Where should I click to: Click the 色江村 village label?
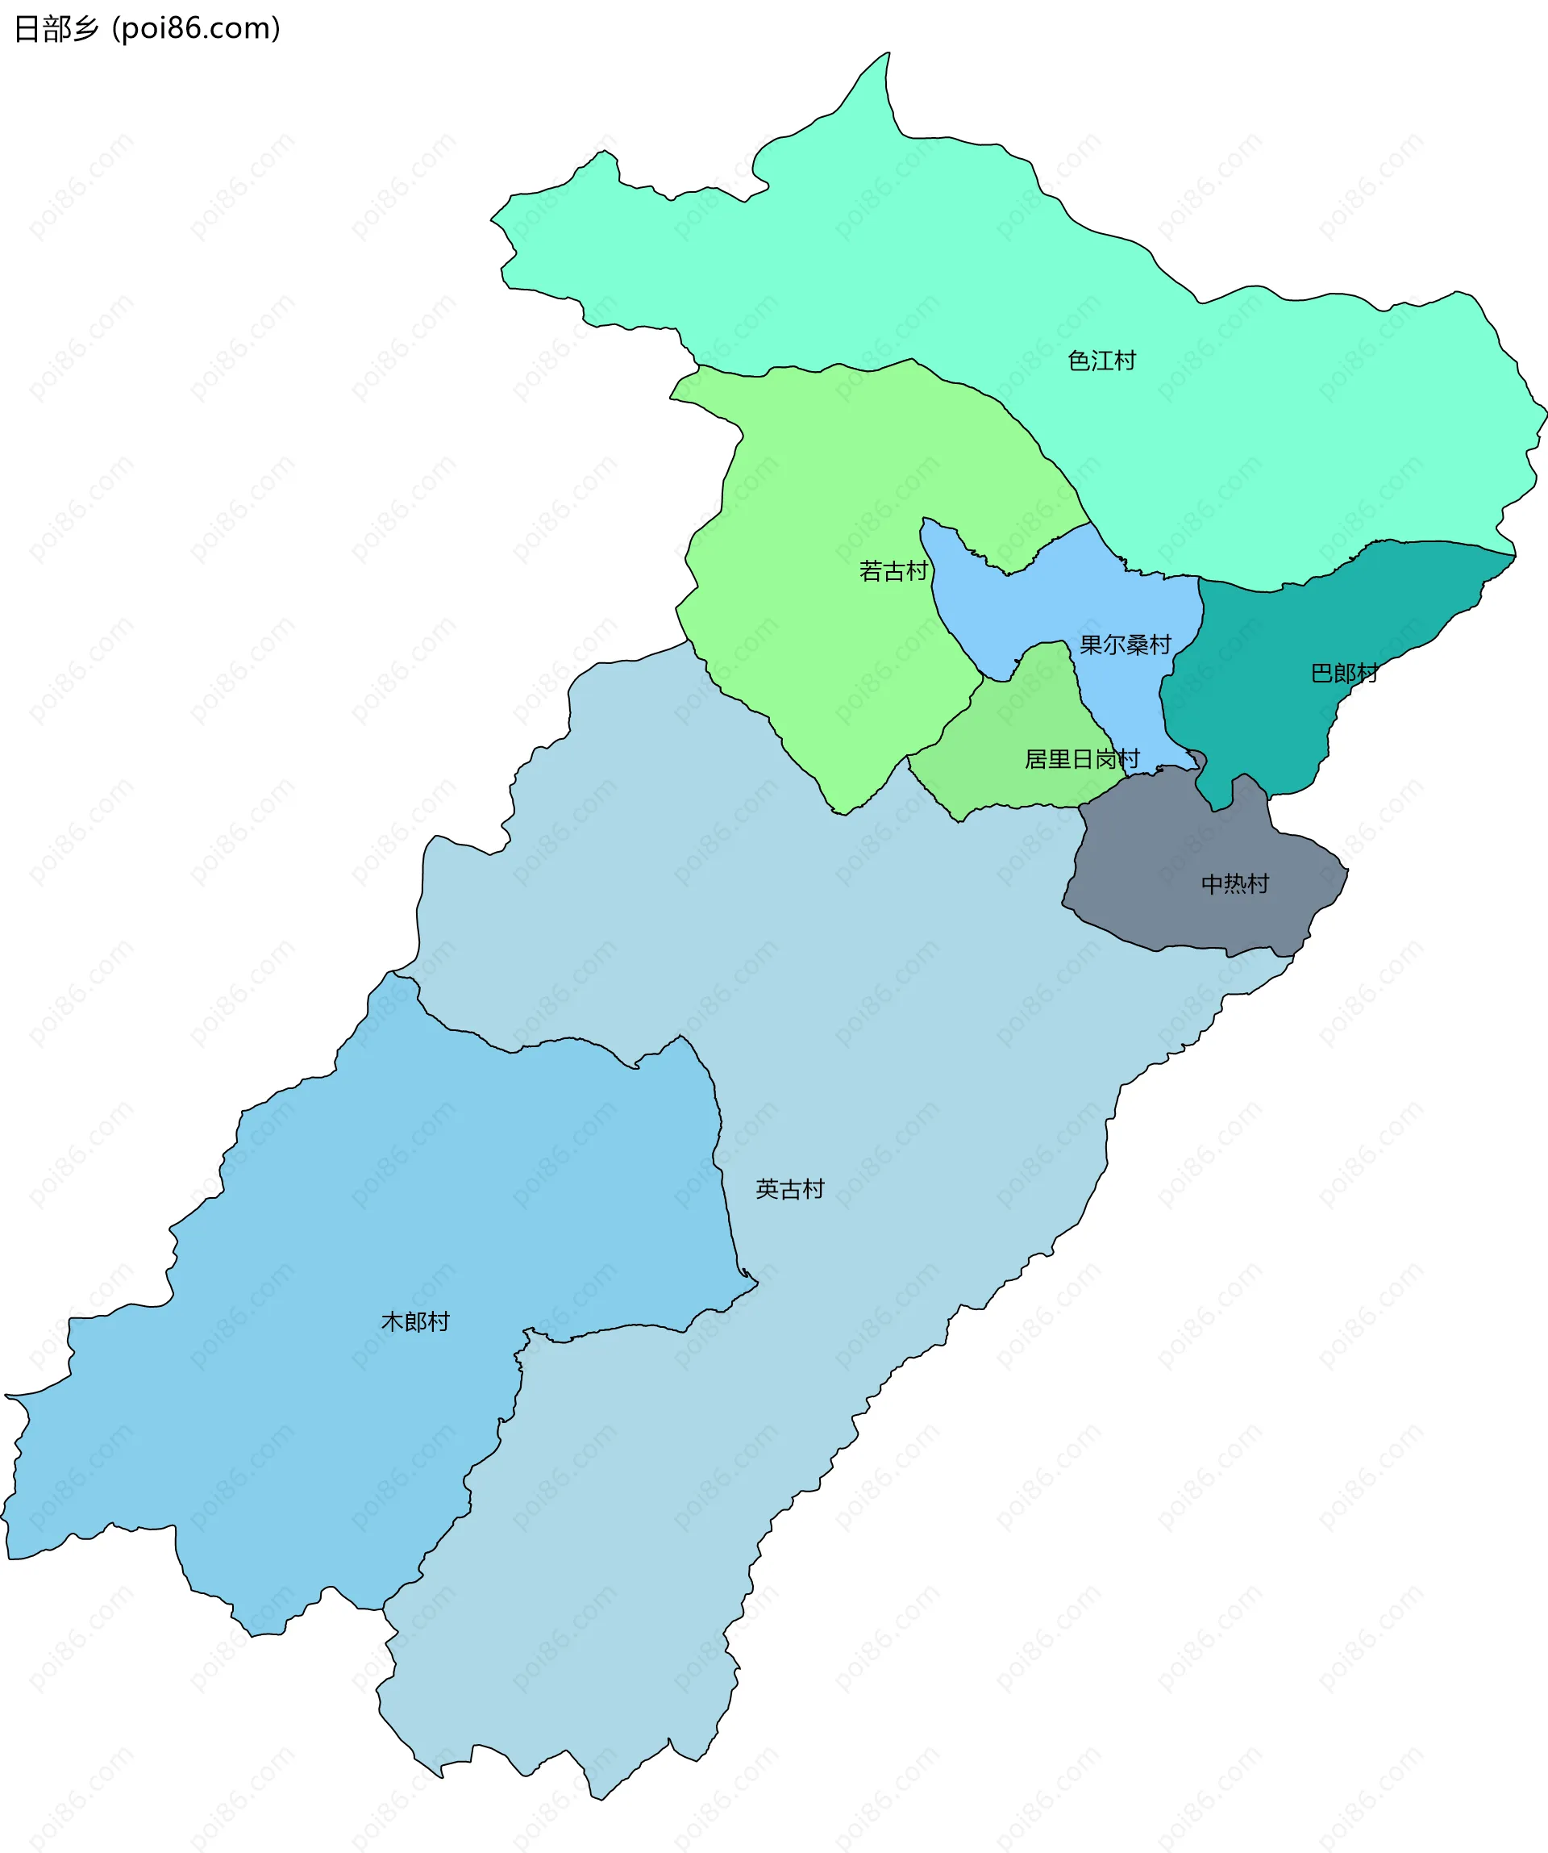coord(1101,361)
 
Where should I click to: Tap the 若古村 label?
coord(893,572)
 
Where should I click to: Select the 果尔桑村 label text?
coord(1126,645)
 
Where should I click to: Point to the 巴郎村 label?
coord(1344,674)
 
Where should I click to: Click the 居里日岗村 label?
coord(1081,759)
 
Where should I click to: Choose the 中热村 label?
coord(1235,884)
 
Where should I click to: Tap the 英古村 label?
coord(789,1189)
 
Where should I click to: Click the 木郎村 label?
coord(415,1321)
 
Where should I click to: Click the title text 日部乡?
coord(56,29)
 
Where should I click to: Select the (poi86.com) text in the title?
coord(196,29)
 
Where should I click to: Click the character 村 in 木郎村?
coord(439,1321)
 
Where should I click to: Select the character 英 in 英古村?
coord(767,1189)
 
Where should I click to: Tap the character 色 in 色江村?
coord(1079,361)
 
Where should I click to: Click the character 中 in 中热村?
coord(1212,884)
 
